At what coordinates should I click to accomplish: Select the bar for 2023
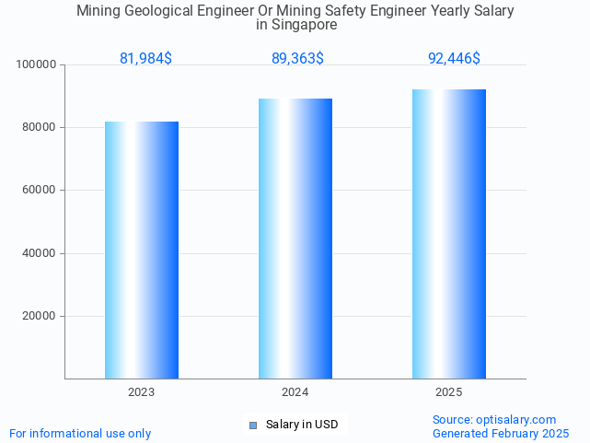[x=142, y=250]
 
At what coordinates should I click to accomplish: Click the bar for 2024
[x=295, y=239]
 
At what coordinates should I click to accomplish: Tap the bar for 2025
[x=449, y=234]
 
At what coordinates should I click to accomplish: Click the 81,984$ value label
[x=145, y=59]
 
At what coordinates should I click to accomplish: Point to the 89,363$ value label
[x=297, y=59]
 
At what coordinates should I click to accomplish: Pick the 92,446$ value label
[x=454, y=59]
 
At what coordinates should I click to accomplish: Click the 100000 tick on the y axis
[x=37, y=64]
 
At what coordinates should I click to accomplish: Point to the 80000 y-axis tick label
[x=40, y=127]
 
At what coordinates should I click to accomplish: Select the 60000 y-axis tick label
[x=40, y=191]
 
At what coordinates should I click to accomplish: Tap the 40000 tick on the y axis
[x=40, y=253]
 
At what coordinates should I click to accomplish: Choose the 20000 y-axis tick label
[x=40, y=316]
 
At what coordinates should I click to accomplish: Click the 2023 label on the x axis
[x=142, y=392]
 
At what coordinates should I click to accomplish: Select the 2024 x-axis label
[x=295, y=392]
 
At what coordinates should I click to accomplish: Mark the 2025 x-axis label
[x=449, y=392]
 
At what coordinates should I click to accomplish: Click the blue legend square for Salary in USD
[x=253, y=425]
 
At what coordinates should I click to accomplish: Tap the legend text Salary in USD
[x=302, y=425]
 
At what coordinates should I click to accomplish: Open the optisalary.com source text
[x=494, y=419]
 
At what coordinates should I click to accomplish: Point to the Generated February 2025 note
[x=501, y=433]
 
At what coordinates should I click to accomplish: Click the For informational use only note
[x=80, y=433]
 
